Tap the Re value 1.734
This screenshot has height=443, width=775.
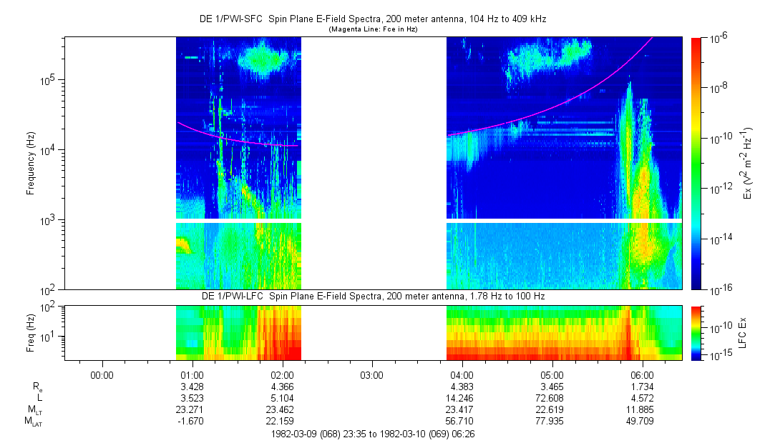tap(643, 386)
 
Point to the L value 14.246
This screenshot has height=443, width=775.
tap(462, 398)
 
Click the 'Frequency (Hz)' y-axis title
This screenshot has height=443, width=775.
tap(31, 164)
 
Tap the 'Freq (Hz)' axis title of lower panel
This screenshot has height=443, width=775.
tap(31, 332)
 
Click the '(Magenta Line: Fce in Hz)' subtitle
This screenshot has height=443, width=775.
tap(372, 29)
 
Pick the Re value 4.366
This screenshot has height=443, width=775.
tap(282, 386)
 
